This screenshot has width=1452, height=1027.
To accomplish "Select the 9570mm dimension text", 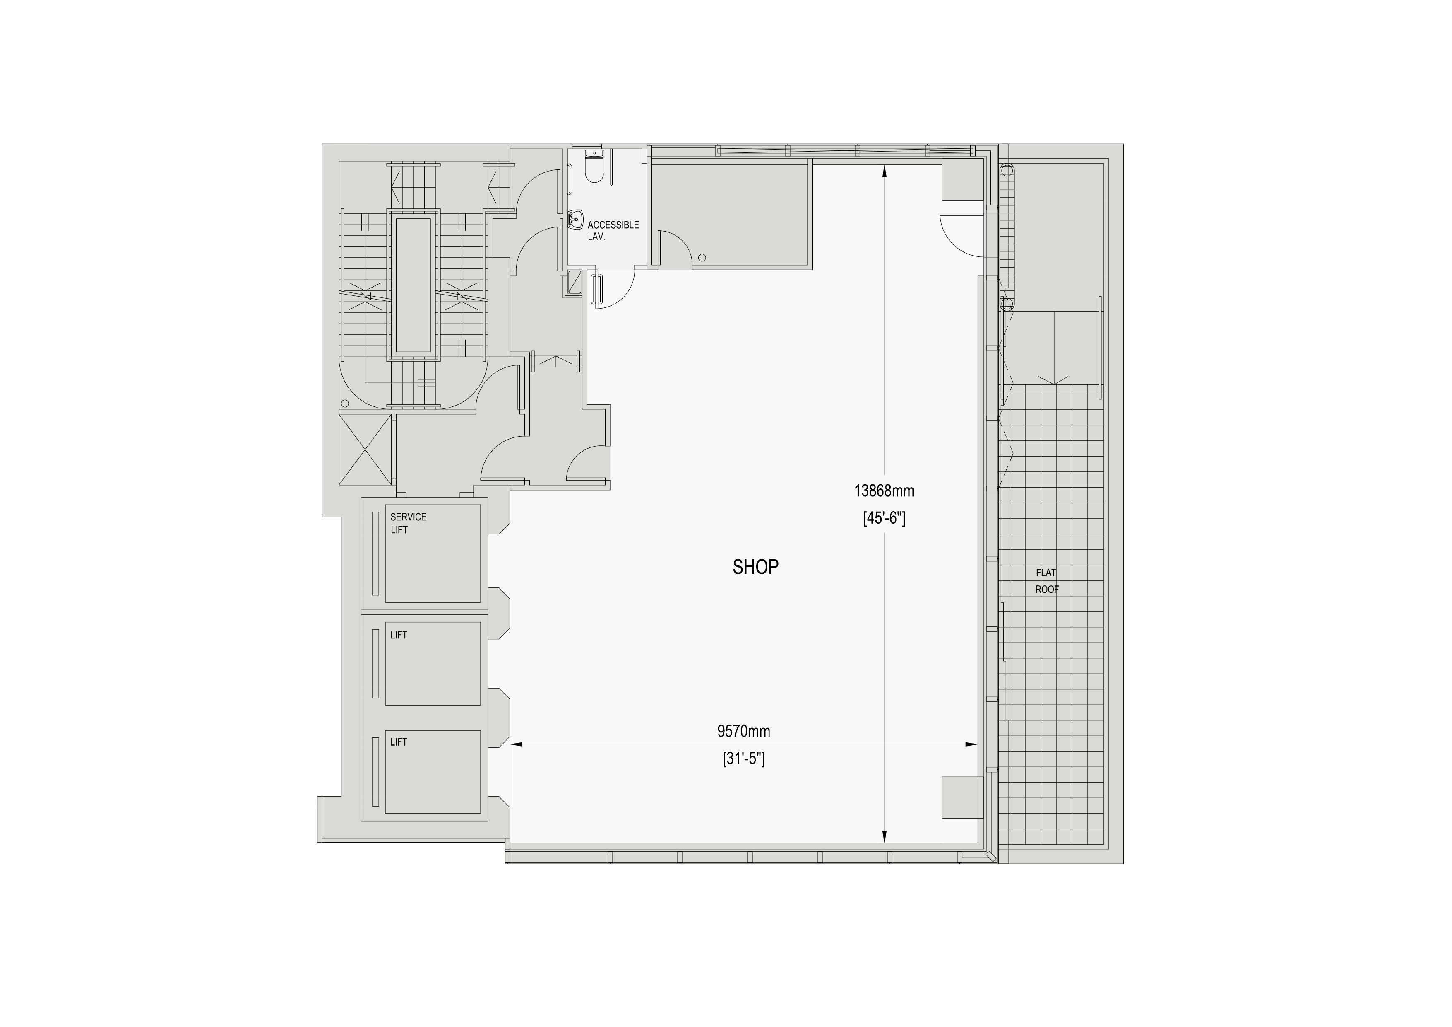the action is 744,732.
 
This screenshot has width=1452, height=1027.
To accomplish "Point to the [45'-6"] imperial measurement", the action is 884,519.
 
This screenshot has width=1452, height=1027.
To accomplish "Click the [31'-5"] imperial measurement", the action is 744,759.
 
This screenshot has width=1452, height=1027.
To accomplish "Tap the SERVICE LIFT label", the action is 408,523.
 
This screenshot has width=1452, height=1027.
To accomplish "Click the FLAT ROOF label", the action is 1047,581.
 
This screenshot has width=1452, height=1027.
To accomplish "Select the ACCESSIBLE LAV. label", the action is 613,230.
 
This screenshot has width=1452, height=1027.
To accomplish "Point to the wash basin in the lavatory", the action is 575,220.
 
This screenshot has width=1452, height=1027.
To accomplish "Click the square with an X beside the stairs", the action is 365,449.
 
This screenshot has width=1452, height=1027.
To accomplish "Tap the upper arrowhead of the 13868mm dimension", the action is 884,171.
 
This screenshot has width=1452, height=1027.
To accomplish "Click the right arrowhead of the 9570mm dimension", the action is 971,745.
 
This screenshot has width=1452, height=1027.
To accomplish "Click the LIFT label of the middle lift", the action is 399,636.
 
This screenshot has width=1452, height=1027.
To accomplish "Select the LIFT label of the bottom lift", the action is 399,742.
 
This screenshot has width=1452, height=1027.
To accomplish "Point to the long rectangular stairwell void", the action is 413,285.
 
